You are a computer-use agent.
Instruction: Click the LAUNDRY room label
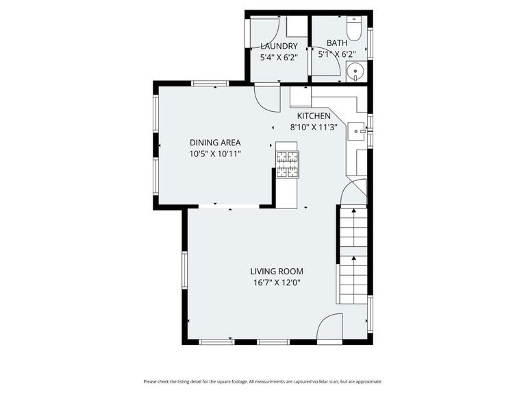pyautogui.click(x=279, y=46)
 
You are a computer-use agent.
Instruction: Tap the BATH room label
pyautogui.click(x=336, y=43)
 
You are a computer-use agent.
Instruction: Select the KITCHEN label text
pyautogui.click(x=314, y=116)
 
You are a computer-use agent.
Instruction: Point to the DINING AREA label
pyautogui.click(x=215, y=143)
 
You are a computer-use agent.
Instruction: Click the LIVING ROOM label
pyautogui.click(x=276, y=271)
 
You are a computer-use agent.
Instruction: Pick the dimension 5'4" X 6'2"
pyautogui.click(x=279, y=58)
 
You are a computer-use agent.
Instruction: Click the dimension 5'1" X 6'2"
pyautogui.click(x=336, y=53)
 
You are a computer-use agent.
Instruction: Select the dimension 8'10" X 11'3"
pyautogui.click(x=314, y=127)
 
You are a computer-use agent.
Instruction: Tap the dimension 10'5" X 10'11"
pyautogui.click(x=215, y=154)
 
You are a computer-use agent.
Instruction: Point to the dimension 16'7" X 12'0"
pyautogui.click(x=276, y=282)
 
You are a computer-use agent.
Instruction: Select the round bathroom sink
pyautogui.click(x=355, y=70)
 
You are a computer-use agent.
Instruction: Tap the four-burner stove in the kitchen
pyautogui.click(x=287, y=165)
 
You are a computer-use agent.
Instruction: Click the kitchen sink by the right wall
pyautogui.click(x=357, y=130)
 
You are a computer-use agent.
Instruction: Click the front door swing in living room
pyautogui.click(x=330, y=326)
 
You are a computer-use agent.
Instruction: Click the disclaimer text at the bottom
pyautogui.click(x=263, y=381)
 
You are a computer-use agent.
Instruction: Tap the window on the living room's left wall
pyautogui.click(x=184, y=269)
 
